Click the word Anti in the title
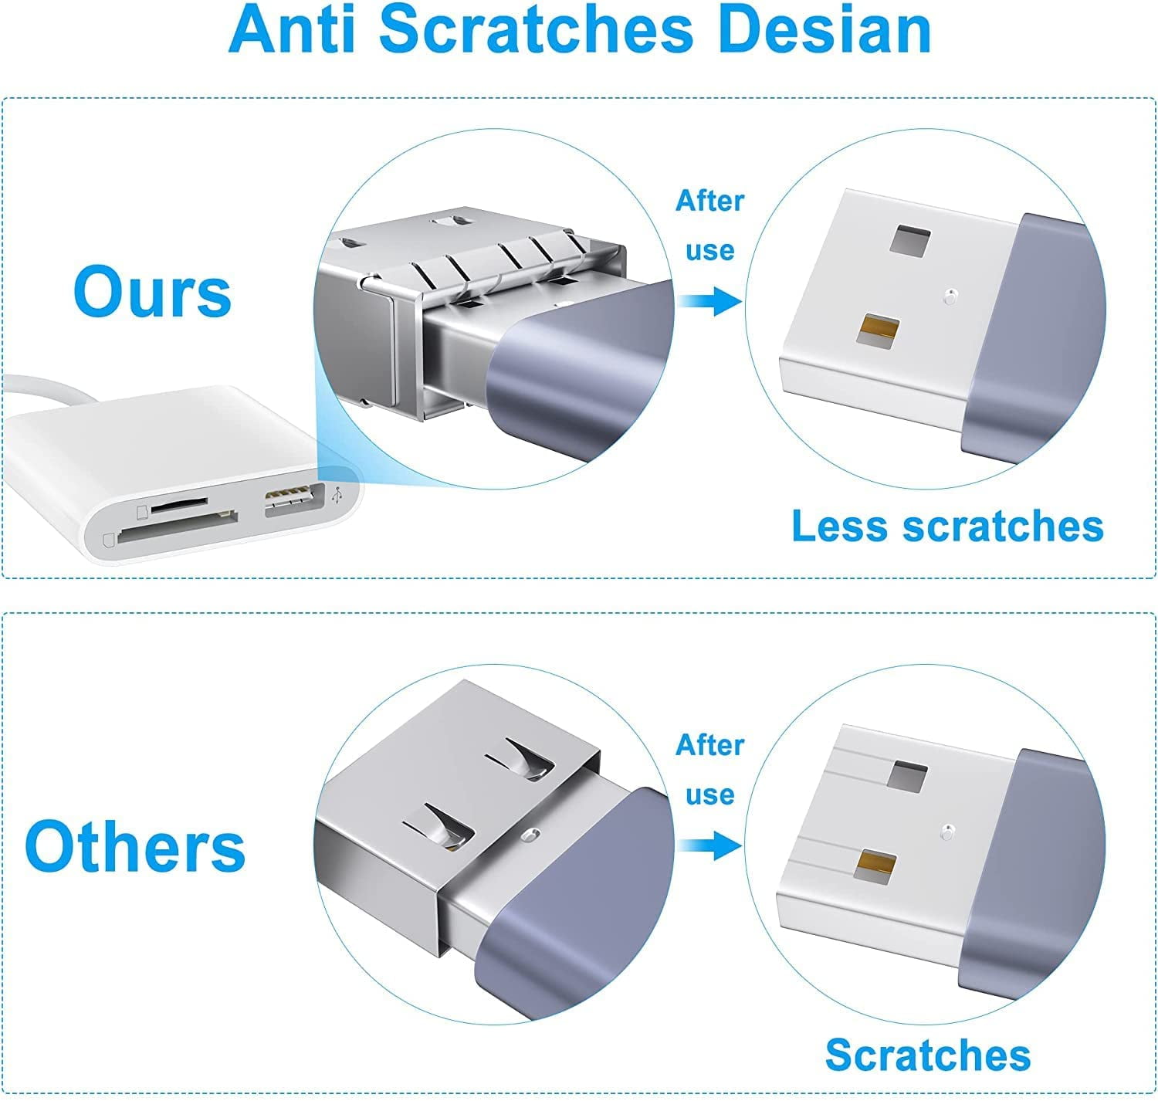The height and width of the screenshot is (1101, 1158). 292,30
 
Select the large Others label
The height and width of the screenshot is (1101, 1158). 135,846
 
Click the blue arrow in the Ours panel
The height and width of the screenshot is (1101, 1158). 709,300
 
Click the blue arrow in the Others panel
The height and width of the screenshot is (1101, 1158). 709,845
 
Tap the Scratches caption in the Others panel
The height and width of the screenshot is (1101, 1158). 928,1055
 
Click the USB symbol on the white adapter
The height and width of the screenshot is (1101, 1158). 337,496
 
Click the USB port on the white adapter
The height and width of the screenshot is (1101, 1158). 294,499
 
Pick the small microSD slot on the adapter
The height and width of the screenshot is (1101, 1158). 179,504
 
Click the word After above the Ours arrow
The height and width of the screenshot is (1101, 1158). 709,201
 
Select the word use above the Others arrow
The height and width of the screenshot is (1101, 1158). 709,794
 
